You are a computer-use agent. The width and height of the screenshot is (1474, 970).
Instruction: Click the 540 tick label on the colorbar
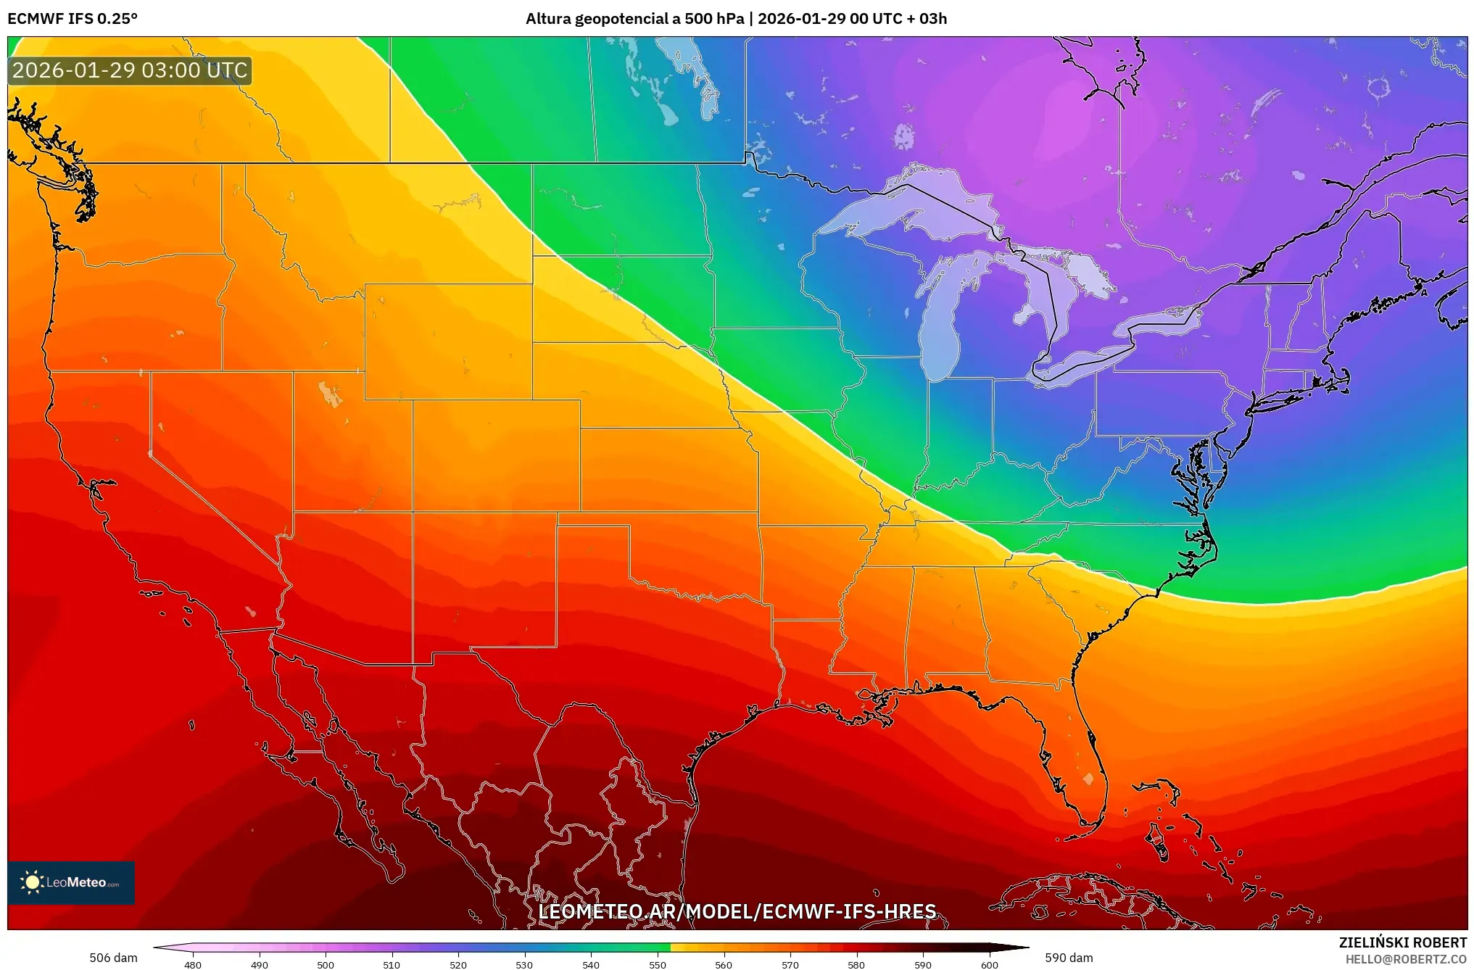pos(590,965)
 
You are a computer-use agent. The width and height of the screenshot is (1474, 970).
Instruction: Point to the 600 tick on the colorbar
pos(989,965)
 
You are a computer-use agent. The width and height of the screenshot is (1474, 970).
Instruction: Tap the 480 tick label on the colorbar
pos(192,965)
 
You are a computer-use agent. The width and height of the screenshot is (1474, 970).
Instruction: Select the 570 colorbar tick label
pos(790,965)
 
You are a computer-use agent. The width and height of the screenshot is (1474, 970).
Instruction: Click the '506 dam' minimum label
pos(113,958)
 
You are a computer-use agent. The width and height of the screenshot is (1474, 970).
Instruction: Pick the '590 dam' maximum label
pos(1069,958)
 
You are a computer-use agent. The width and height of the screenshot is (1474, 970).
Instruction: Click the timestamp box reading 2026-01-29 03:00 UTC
pos(130,70)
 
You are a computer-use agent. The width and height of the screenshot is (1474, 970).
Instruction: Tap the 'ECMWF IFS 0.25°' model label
pos(73,19)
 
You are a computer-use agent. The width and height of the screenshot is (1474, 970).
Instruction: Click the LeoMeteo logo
pos(71,882)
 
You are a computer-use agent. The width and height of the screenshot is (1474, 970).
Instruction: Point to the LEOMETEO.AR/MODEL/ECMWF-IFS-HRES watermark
pos(737,911)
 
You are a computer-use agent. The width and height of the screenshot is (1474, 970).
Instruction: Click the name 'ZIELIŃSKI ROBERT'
pos(1402,942)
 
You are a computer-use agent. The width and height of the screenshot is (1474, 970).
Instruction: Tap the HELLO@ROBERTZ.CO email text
pos(1405,959)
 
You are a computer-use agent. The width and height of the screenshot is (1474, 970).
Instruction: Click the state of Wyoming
pos(448,341)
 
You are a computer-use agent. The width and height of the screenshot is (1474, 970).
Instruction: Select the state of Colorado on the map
pos(496,455)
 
